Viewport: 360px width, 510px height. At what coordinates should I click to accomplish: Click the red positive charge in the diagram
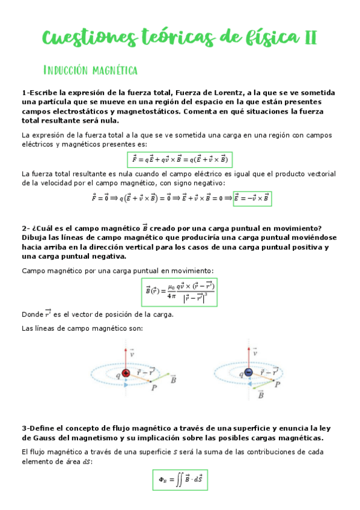pos(126,373)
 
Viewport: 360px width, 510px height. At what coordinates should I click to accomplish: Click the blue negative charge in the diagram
pos(248,373)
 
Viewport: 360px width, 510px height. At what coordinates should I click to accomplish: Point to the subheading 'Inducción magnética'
pos(91,71)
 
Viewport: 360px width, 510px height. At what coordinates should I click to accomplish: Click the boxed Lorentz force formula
pos(180,159)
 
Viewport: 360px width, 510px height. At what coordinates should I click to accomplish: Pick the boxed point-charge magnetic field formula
pos(179,292)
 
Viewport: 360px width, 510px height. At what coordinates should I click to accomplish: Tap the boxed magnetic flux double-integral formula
pos(180,479)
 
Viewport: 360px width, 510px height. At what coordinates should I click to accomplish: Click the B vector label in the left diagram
pos(173,379)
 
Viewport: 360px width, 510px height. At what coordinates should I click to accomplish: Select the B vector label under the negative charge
pos(260,395)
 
